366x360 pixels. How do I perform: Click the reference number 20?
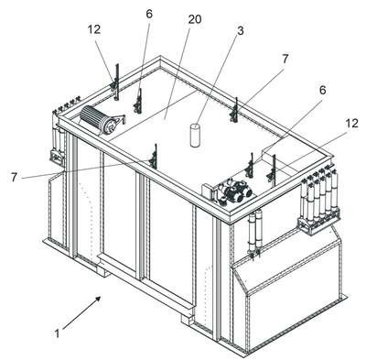pyautogui.click(x=195, y=19)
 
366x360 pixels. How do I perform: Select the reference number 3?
pyautogui.click(x=241, y=30)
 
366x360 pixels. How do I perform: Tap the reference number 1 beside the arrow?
pyautogui.click(x=57, y=333)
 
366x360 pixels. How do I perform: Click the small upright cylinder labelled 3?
pyautogui.click(x=195, y=135)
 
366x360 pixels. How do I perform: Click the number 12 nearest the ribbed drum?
pyautogui.click(x=94, y=29)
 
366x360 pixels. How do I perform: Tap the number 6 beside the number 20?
pyautogui.click(x=149, y=14)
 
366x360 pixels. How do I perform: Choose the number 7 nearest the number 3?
pyautogui.click(x=285, y=60)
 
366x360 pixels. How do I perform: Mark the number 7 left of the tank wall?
pyautogui.click(x=14, y=177)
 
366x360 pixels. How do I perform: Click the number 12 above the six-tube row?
pyautogui.click(x=351, y=123)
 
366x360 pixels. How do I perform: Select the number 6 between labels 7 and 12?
pyautogui.click(x=322, y=90)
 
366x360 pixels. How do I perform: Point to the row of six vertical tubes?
pyautogui.click(x=319, y=202)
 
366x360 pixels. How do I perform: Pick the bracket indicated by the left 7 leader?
pyautogui.click(x=154, y=157)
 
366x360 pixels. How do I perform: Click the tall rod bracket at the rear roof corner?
pyautogui.click(x=115, y=82)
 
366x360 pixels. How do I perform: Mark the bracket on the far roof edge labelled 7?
pyautogui.click(x=234, y=110)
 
